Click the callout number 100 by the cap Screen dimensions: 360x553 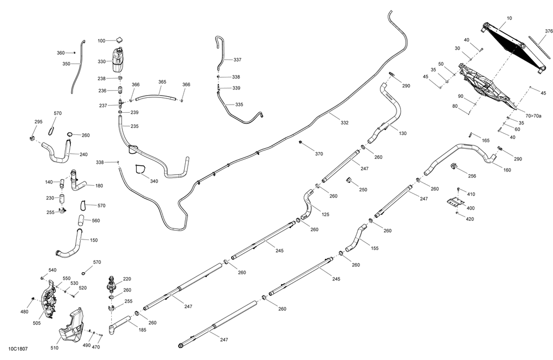coord(101,41)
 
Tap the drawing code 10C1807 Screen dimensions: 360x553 coord(19,349)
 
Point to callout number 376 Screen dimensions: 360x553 coord(549,31)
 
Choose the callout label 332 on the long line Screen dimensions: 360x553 coord(345,123)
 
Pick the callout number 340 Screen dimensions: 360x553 coord(154,181)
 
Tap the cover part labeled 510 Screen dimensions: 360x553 coord(71,329)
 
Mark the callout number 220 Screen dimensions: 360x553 coord(127,279)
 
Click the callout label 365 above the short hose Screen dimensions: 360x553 coord(162,82)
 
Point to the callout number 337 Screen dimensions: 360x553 coord(237,60)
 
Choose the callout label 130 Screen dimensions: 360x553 coord(403,133)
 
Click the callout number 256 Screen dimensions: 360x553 coord(472,176)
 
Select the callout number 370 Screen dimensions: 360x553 coord(319,153)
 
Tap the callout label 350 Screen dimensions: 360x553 coord(66,64)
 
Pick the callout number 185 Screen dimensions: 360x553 coord(143,330)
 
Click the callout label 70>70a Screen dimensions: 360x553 coord(534,116)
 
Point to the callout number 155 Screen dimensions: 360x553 coord(374,248)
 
